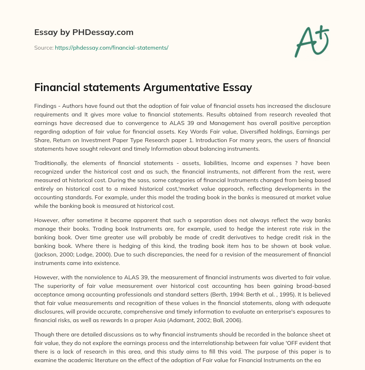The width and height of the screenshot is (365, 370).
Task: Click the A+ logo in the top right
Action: [312, 41]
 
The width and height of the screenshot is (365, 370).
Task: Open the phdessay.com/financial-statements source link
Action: [111, 47]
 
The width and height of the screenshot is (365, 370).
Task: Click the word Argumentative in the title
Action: [179, 87]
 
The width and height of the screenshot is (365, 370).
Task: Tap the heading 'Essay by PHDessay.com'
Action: [84, 32]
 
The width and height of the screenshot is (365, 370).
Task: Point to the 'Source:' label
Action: [43, 47]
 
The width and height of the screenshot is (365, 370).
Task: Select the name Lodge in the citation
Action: [79, 254]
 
